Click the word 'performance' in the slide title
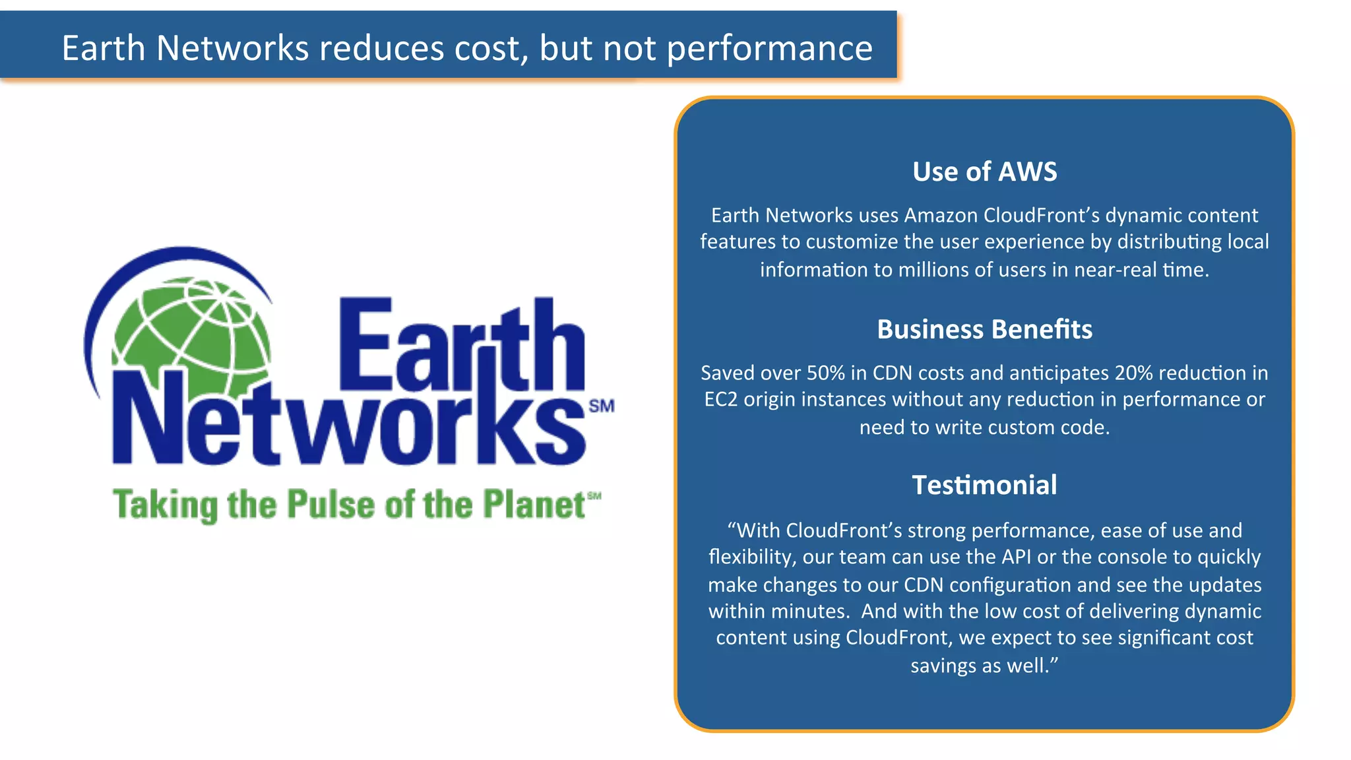(769, 49)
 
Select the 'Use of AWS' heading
(984, 172)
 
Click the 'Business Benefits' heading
(984, 329)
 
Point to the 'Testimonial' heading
(984, 485)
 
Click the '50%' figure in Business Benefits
(825, 373)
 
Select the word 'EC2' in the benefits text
(721, 400)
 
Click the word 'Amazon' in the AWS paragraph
(941, 216)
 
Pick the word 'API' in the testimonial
(1016, 557)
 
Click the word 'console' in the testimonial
(1133, 557)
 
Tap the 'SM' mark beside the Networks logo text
(601, 406)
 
